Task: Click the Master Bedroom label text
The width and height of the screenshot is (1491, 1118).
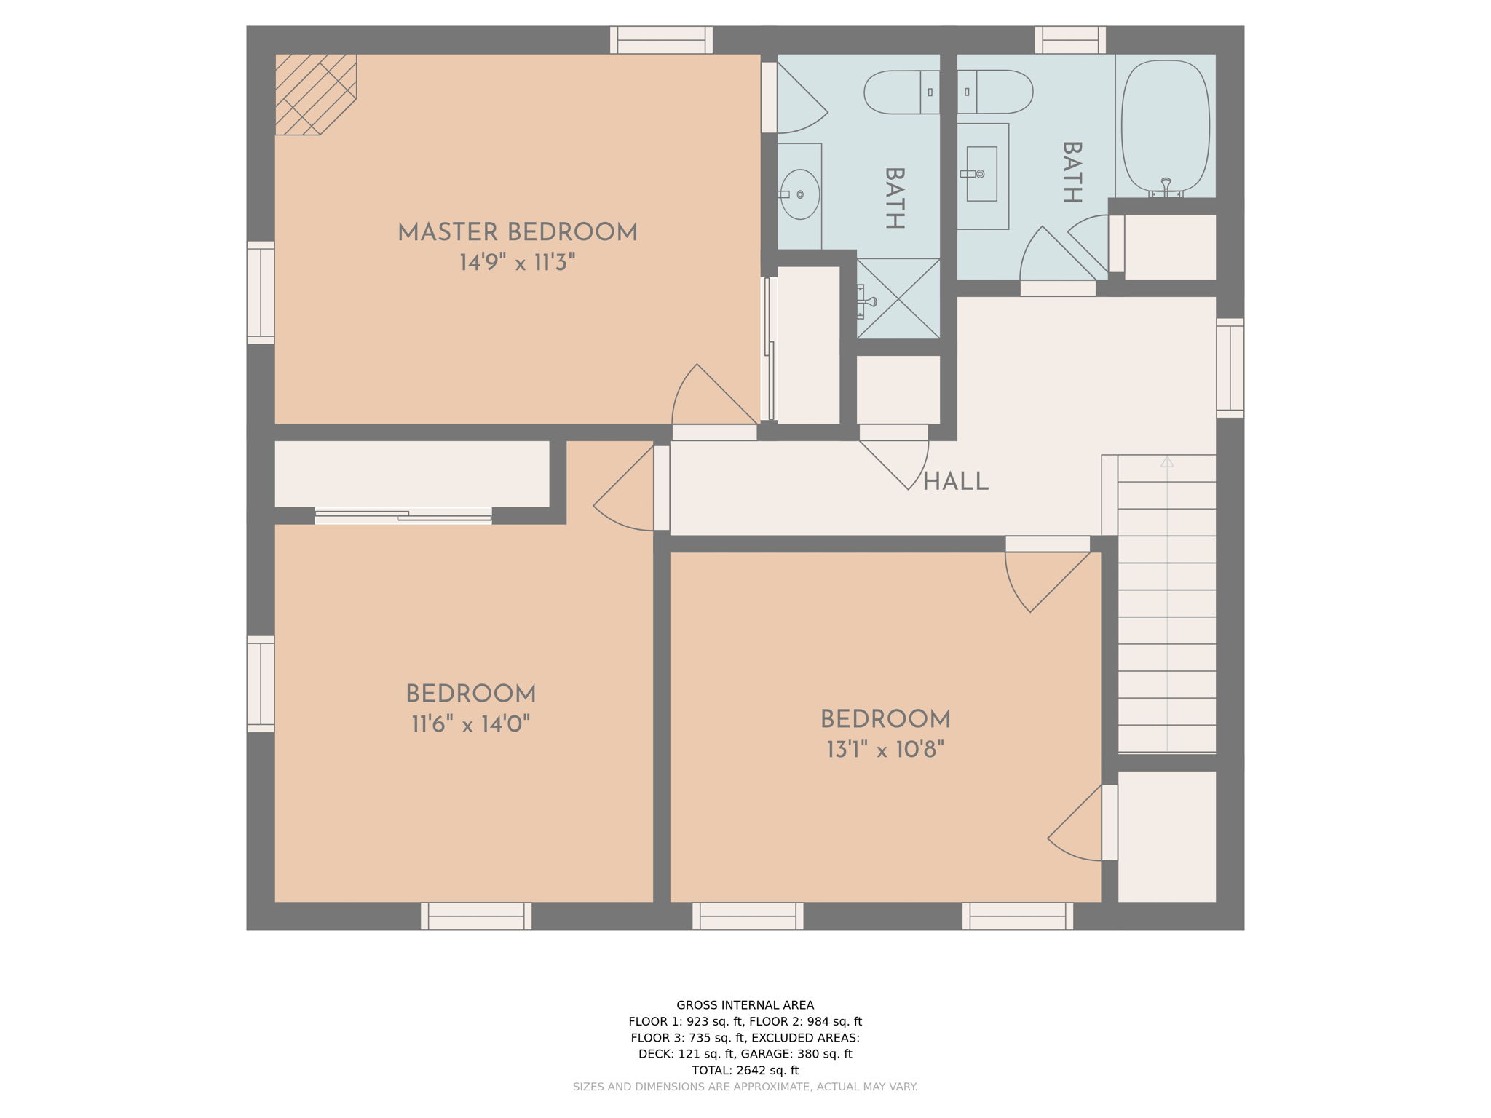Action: [x=517, y=233]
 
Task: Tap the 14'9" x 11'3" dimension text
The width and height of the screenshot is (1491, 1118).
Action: [x=517, y=263]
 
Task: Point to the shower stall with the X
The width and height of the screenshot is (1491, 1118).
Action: [x=898, y=298]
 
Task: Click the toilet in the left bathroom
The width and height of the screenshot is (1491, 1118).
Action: [x=901, y=92]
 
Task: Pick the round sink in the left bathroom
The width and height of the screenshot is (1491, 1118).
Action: [x=800, y=194]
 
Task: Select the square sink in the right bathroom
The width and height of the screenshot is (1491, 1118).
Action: [x=982, y=174]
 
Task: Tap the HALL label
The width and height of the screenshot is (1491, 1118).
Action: [x=955, y=482]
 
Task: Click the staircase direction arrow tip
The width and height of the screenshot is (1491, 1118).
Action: [x=1167, y=461]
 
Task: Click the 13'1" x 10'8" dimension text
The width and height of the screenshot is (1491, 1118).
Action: [x=885, y=750]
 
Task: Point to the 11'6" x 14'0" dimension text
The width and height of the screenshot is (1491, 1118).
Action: [x=470, y=724]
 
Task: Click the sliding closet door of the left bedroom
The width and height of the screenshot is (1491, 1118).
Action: [x=403, y=516]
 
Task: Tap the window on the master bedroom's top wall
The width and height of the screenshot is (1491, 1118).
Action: [x=661, y=40]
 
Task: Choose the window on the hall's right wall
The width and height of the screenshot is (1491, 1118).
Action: [x=1230, y=368]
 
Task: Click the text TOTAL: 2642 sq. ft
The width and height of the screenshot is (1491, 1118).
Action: [x=745, y=1070]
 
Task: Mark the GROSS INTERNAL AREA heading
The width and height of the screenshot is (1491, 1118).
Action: [x=745, y=1005]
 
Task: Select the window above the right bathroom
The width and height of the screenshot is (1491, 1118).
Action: [x=1070, y=40]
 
